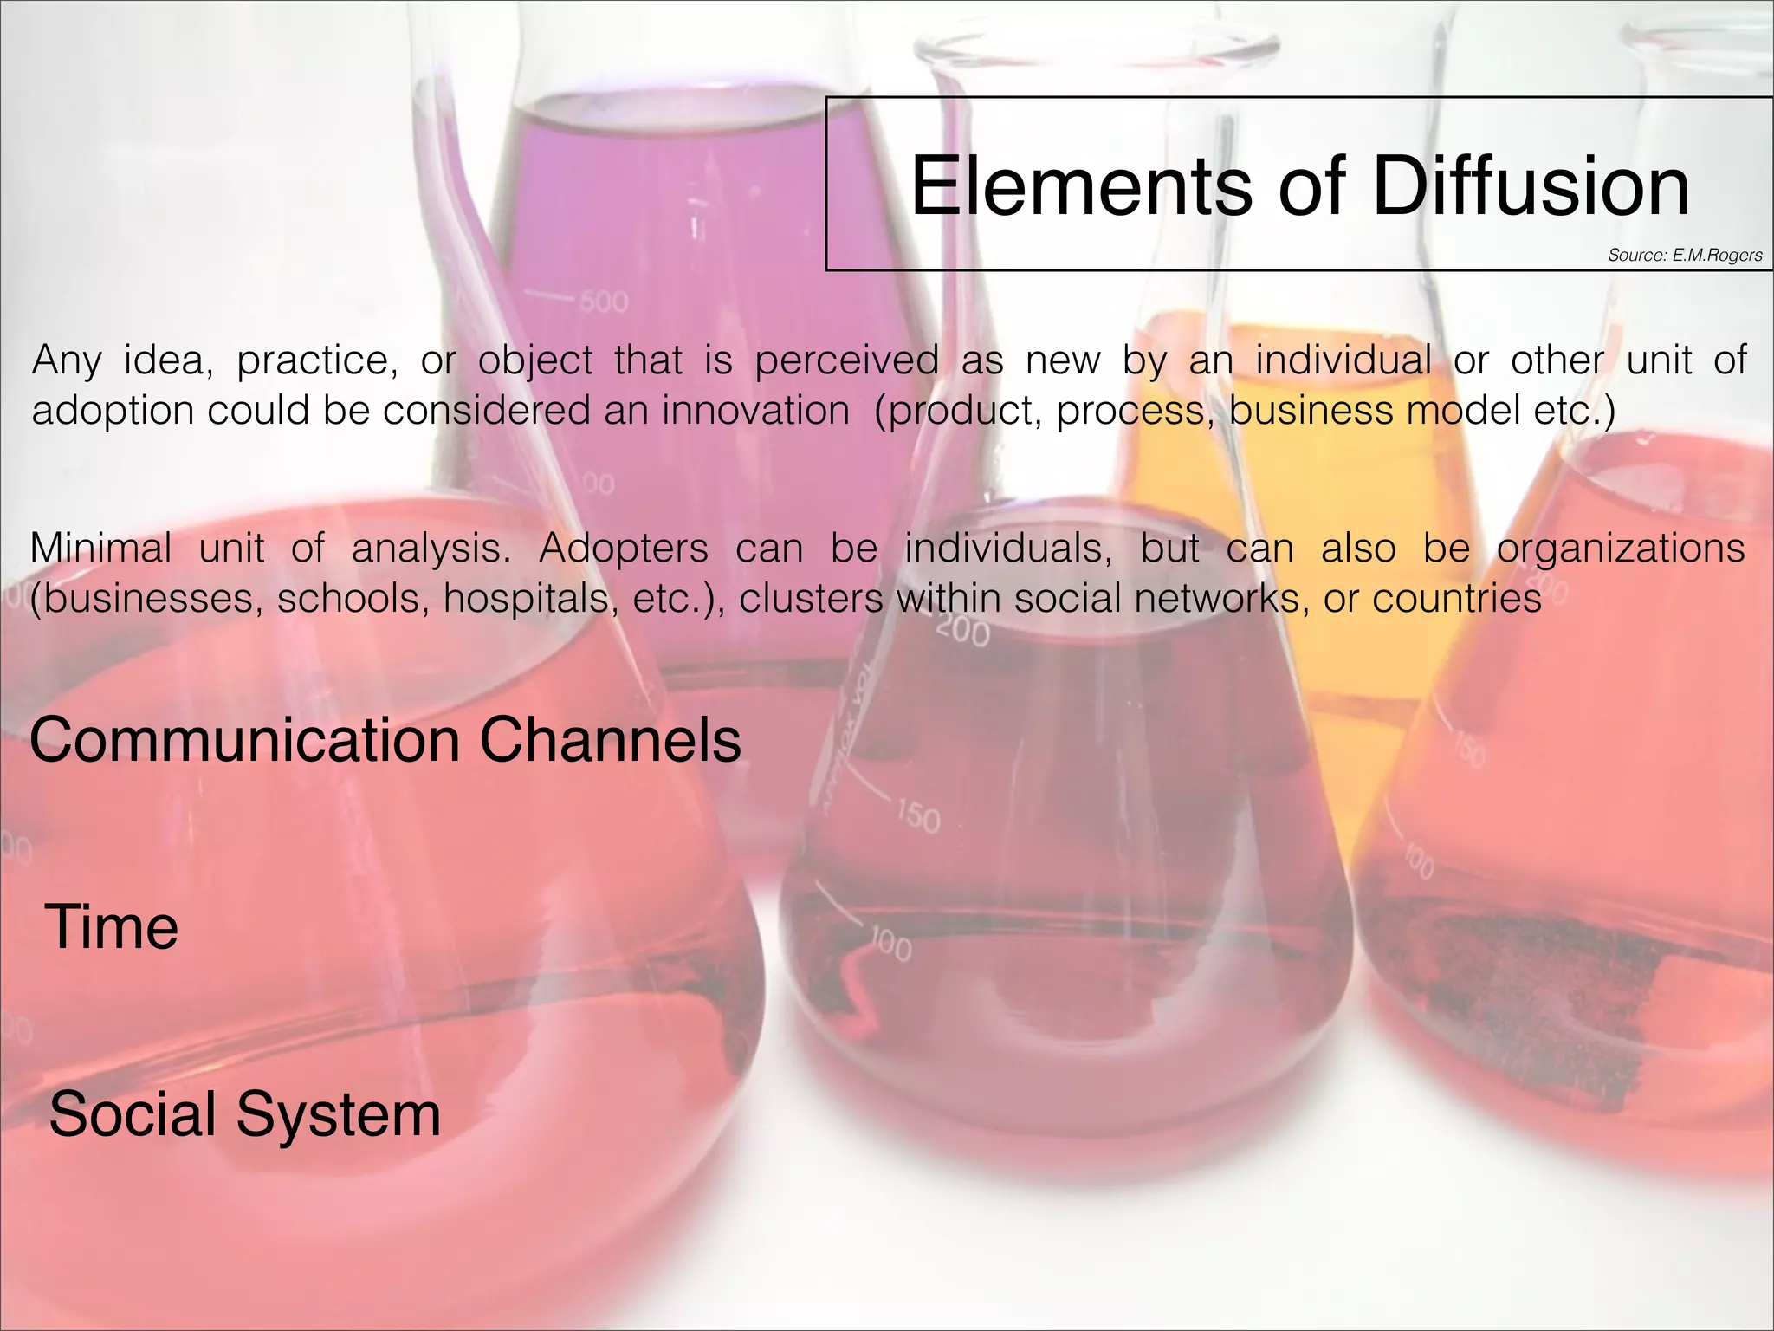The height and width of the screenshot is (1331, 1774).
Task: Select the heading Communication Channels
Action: coord(385,741)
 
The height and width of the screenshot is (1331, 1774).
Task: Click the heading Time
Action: coord(112,927)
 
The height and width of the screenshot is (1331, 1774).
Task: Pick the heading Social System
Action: coord(245,1114)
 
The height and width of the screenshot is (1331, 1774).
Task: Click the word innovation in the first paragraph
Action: coord(755,411)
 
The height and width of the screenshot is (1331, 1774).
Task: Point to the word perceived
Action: coord(846,360)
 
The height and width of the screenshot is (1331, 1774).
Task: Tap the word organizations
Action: coord(1621,549)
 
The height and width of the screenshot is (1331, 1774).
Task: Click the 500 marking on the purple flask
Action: coord(603,302)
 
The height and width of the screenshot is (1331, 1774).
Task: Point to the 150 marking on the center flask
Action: coord(917,817)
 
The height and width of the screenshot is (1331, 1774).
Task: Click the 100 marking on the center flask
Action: coord(890,946)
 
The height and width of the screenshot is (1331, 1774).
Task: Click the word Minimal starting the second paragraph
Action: coord(100,549)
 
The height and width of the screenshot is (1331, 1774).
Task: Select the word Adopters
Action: coord(623,549)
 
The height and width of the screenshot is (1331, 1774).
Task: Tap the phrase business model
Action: coord(1374,411)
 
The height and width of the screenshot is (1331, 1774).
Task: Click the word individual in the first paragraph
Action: coord(1343,360)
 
